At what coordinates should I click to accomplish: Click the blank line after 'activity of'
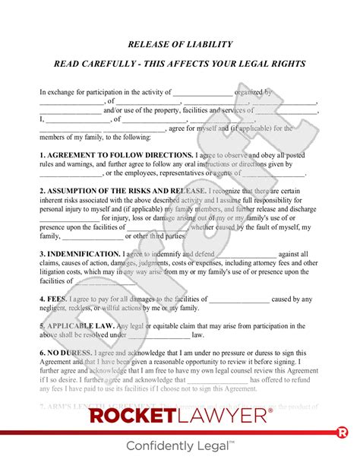coord(204,94)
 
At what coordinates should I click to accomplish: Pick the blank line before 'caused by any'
coord(239,300)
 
